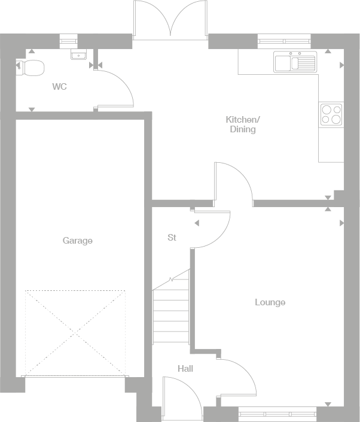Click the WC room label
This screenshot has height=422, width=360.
coord(59,87)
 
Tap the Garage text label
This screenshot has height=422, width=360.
coord(78,241)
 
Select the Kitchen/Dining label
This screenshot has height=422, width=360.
coord(242,124)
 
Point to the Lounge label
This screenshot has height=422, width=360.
coord(270,302)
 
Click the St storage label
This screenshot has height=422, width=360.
coord(172,238)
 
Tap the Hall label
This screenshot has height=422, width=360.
coord(185,369)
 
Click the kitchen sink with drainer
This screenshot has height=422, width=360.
coord(295,62)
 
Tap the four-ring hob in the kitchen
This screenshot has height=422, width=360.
coord(331,114)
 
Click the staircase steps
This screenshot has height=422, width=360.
coord(171,311)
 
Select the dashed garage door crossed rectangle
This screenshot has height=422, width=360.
coord(75,332)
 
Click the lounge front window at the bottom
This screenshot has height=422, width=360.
coord(277,411)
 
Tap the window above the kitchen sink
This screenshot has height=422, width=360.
coord(284,40)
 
